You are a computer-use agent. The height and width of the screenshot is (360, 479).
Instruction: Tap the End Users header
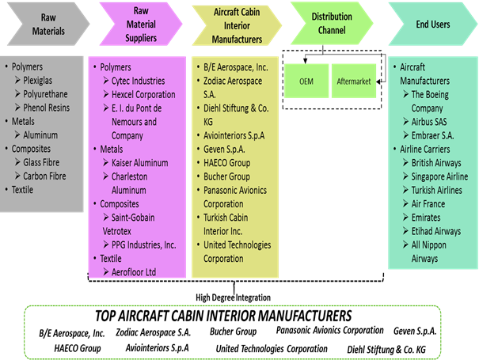[431, 25]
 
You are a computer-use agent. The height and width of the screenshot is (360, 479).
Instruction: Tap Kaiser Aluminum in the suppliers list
[139, 162]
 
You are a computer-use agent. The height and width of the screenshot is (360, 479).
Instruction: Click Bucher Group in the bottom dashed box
[233, 332]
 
